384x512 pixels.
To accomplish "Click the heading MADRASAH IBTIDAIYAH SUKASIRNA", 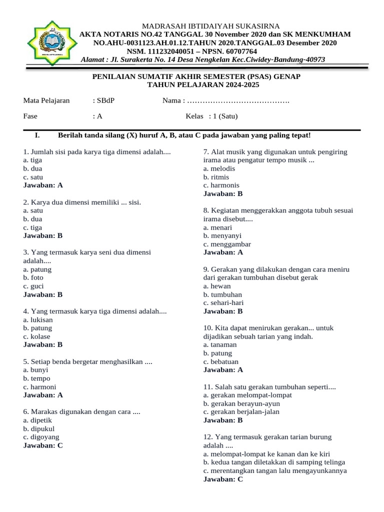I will click(x=211, y=26).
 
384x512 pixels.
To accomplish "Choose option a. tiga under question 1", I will click(x=32, y=160).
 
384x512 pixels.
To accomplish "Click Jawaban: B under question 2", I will click(x=43, y=236).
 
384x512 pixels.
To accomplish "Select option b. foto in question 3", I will click(x=33, y=277).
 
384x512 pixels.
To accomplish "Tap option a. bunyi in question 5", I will click(x=36, y=370).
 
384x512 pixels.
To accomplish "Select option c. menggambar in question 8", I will click(x=227, y=244).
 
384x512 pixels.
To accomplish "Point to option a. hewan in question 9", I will click(x=217, y=286).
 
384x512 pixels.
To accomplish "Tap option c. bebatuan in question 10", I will click(x=220, y=361).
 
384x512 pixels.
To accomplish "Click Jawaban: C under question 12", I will click(x=223, y=479).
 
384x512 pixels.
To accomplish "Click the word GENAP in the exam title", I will click(x=285, y=77).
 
